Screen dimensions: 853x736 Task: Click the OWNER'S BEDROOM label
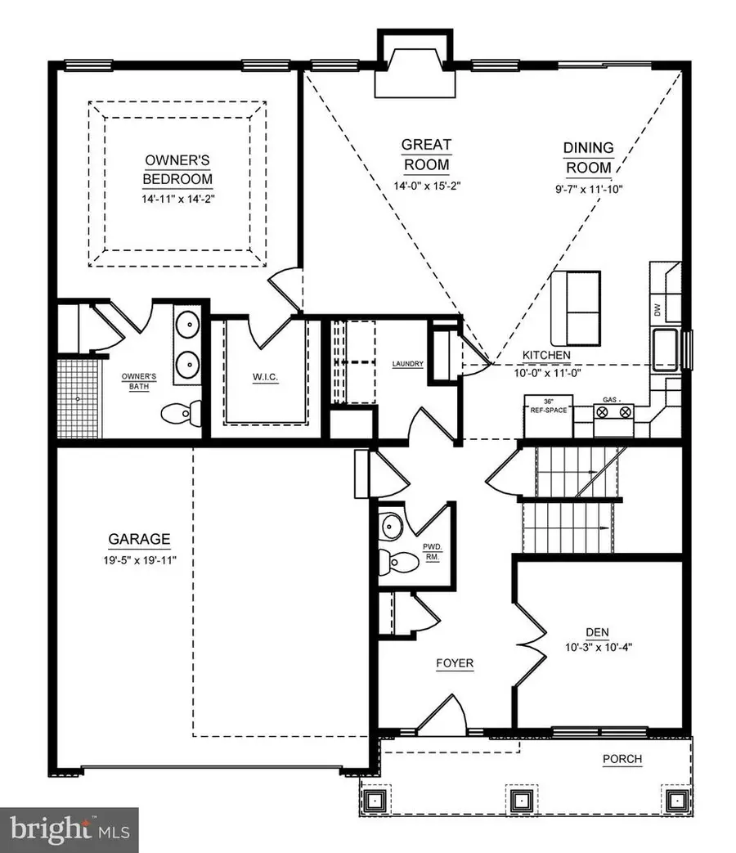point(177,169)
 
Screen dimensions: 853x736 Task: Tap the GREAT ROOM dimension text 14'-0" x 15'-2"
point(426,185)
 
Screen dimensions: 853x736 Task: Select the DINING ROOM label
point(587,158)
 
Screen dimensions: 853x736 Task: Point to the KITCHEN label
point(547,356)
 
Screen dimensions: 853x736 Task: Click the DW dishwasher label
point(657,309)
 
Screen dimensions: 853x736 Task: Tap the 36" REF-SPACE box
point(546,406)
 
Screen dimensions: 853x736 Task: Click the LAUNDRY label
point(406,364)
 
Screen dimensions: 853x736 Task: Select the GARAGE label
point(139,540)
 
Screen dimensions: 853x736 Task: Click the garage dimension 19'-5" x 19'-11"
point(139,560)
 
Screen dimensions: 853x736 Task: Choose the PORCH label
point(622,759)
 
